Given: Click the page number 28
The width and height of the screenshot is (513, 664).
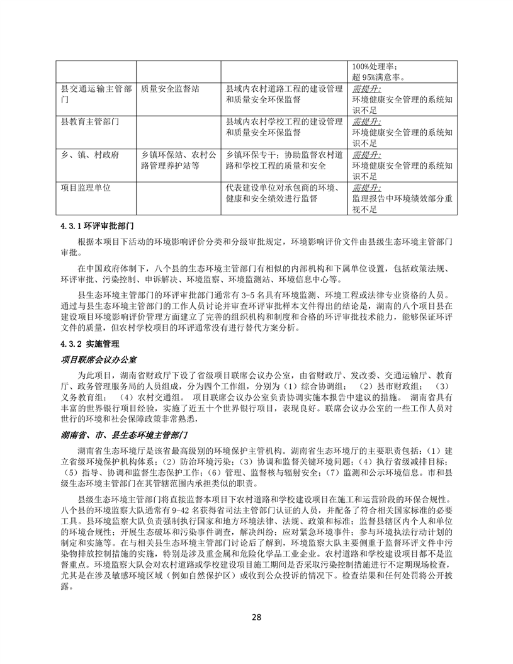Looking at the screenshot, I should (256, 617).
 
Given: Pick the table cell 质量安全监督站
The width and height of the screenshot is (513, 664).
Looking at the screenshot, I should (170, 89).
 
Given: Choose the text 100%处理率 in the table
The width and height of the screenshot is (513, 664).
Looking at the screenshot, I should (375, 67).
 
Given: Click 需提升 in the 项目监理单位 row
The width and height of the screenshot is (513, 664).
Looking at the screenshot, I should (366, 188).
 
